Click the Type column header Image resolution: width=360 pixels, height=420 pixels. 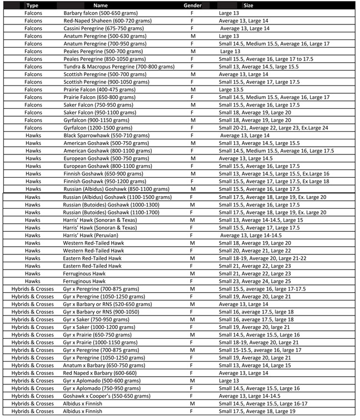(x=32, y=5)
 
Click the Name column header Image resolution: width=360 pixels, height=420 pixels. (x=100, y=5)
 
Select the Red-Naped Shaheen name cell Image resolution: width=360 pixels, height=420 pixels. (x=102, y=20)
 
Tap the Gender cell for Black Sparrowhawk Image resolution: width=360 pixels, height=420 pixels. (x=192, y=135)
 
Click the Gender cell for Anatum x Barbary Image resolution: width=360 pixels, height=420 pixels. (x=192, y=366)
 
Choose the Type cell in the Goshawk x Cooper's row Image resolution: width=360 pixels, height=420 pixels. (x=33, y=396)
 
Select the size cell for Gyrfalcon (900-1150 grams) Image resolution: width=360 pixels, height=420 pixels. (x=254, y=119)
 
